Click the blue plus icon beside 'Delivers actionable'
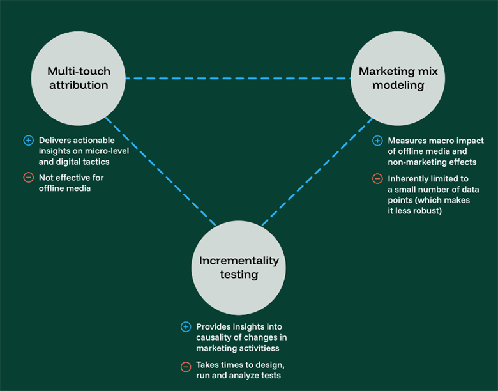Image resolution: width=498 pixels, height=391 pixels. pyautogui.click(x=27, y=141)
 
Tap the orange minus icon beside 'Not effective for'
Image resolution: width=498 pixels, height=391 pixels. pyautogui.click(x=27, y=178)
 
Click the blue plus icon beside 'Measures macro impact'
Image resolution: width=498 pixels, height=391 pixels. pyautogui.click(x=377, y=141)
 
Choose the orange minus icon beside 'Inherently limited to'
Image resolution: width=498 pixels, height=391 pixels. pyautogui.click(x=377, y=178)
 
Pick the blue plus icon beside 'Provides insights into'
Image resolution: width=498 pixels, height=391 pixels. pyautogui.click(x=186, y=326)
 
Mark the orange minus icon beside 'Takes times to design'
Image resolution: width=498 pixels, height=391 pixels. pyautogui.click(x=186, y=366)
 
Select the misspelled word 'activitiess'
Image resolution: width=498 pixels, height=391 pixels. pyautogui.click(x=259, y=348)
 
